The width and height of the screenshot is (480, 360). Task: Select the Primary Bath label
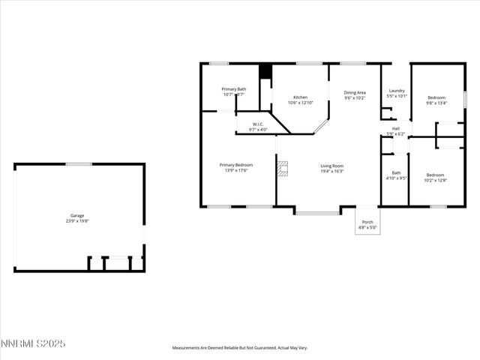[x=233, y=89]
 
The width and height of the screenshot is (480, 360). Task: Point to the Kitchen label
[x=300, y=97]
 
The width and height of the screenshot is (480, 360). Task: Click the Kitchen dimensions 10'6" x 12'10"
[x=300, y=103]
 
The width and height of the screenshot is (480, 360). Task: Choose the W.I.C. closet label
[x=257, y=124]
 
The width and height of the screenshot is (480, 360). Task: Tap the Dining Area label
[x=355, y=92]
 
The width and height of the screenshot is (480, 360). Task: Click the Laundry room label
[x=397, y=91]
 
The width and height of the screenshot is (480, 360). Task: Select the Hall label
[x=395, y=128]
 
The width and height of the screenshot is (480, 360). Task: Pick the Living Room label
[x=332, y=165]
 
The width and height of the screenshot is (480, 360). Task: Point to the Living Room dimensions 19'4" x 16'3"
[x=332, y=171]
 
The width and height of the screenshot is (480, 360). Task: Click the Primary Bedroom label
[x=235, y=165]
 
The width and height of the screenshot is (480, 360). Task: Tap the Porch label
[x=367, y=222]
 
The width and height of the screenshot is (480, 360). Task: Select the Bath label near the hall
[x=396, y=172]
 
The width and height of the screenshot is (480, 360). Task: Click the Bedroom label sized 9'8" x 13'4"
[x=436, y=97]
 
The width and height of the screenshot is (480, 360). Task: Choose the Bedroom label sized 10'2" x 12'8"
[x=435, y=174]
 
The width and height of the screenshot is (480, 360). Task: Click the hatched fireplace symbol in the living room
[x=282, y=169]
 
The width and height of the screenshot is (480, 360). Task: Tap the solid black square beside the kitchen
[x=264, y=71]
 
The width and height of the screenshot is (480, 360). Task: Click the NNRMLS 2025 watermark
[x=34, y=343]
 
